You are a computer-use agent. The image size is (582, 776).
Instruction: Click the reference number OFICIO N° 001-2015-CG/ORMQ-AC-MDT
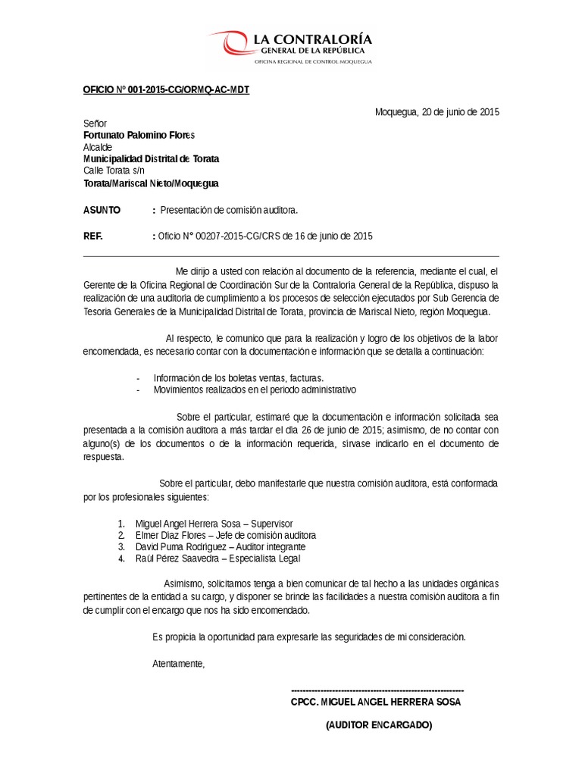(x=165, y=90)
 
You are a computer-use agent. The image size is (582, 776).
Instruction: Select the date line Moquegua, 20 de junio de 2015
(x=437, y=112)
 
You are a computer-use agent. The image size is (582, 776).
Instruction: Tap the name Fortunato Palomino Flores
(x=139, y=135)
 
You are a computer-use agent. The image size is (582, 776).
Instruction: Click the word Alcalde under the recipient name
(x=98, y=147)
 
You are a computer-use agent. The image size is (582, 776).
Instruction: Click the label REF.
(x=92, y=236)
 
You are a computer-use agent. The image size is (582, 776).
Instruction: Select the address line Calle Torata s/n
(x=114, y=171)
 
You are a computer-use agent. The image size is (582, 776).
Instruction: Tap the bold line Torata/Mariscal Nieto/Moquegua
(x=151, y=183)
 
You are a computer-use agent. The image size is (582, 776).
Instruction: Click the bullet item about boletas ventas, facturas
(x=238, y=377)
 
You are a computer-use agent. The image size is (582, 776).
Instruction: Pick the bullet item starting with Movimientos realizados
(x=254, y=390)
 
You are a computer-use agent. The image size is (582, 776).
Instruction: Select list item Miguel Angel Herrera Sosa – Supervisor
(x=214, y=524)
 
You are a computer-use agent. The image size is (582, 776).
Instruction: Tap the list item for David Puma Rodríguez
(x=220, y=546)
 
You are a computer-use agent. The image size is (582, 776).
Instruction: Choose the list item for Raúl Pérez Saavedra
(x=217, y=559)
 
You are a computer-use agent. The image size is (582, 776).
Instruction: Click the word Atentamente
(x=178, y=664)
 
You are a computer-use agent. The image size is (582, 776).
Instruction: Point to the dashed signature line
(x=377, y=690)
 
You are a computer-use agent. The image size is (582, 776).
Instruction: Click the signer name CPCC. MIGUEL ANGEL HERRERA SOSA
(x=375, y=702)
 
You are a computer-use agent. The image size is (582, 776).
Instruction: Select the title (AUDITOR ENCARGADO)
(x=379, y=725)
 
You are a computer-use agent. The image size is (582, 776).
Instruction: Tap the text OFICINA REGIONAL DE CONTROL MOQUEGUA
(x=312, y=61)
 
